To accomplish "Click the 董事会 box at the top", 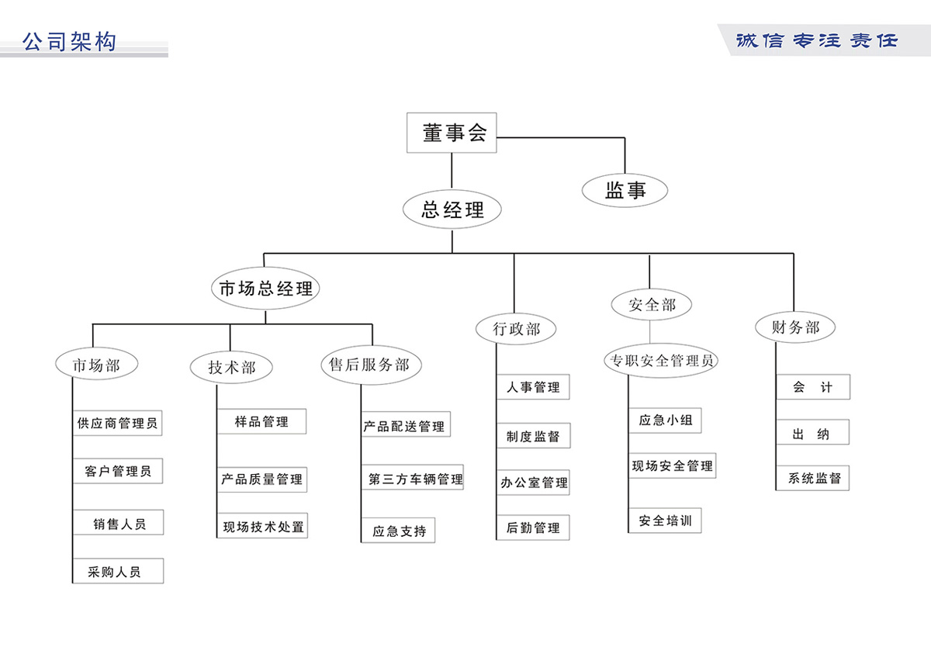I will pyautogui.click(x=452, y=133).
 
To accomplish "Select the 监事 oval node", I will pyautogui.click(x=625, y=190).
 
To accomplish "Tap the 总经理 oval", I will pyautogui.click(x=452, y=209).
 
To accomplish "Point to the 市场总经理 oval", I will pyautogui.click(x=265, y=289).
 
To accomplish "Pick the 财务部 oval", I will pyautogui.click(x=795, y=327).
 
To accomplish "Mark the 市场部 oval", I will pyautogui.click(x=96, y=365).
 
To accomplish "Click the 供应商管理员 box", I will pyautogui.click(x=117, y=424).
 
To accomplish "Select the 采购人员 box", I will pyautogui.click(x=117, y=573).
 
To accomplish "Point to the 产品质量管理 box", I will pyautogui.click(x=261, y=479).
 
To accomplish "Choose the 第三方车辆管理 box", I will pyautogui.click(x=414, y=479).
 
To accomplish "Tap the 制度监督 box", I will pyautogui.click(x=533, y=436).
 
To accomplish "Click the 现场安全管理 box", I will pyautogui.click(x=672, y=466).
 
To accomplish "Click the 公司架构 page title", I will pyautogui.click(x=70, y=41).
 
